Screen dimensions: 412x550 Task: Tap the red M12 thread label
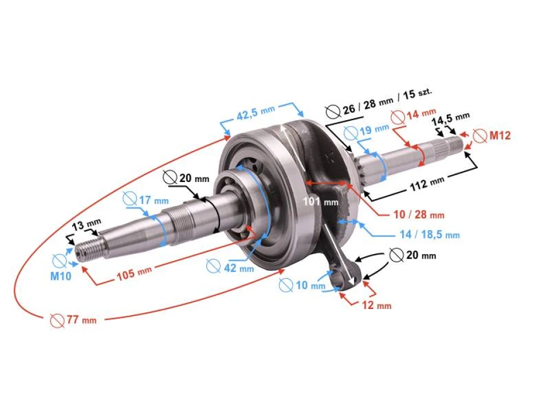[499, 136]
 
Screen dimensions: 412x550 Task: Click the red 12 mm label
[376, 306]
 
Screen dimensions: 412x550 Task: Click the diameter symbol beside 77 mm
[57, 320]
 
